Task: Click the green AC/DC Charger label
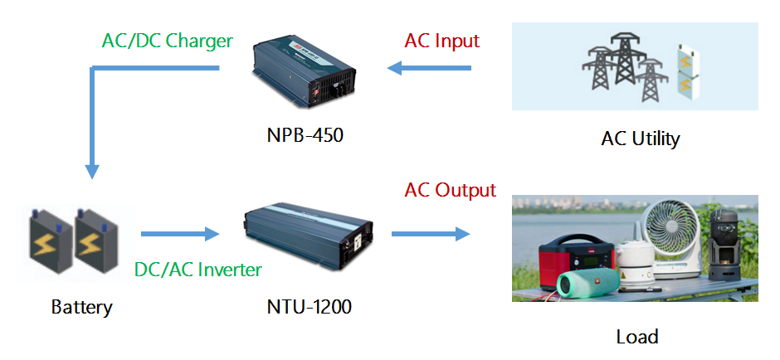tap(167, 41)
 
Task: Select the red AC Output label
tap(450, 190)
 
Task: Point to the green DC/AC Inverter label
tap(197, 270)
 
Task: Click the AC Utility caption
tap(640, 138)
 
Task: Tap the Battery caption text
tap(81, 307)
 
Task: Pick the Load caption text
tap(637, 336)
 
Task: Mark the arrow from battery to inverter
tap(178, 235)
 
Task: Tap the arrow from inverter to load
tap(430, 235)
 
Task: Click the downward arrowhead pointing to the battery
tap(93, 170)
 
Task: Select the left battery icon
tap(52, 239)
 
